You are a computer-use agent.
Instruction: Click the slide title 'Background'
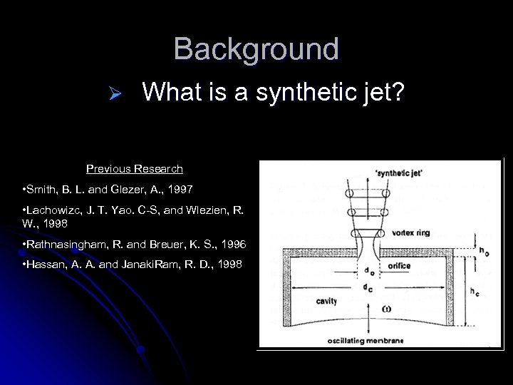pyautogui.click(x=256, y=49)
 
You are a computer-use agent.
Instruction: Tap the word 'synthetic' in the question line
pyautogui.click(x=300, y=93)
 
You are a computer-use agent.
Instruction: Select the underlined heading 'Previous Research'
pyautogui.click(x=135, y=169)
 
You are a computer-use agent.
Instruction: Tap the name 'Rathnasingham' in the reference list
pyautogui.click(x=66, y=245)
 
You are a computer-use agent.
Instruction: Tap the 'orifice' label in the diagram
pyautogui.click(x=400, y=266)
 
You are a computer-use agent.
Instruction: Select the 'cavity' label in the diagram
pyautogui.click(x=327, y=301)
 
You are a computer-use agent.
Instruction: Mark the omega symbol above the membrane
pyautogui.click(x=366, y=309)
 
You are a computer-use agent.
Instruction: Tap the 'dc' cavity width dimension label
pyautogui.click(x=368, y=287)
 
